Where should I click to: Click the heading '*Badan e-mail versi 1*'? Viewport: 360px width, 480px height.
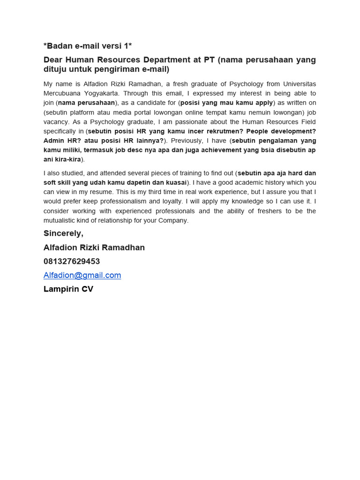tap(88, 45)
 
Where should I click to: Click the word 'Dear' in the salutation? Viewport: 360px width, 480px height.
tap(53, 60)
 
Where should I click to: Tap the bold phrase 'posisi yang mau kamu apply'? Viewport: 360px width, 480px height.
tap(226, 103)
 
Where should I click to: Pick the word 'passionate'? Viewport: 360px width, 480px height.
tap(176, 122)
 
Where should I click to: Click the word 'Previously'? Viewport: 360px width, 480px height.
tap(187, 141)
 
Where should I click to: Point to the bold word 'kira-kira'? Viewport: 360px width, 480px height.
tap(68, 159)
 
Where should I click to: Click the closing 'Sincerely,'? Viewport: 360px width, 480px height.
tap(63, 233)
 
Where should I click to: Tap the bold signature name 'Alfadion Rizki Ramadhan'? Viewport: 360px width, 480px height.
tap(94, 247)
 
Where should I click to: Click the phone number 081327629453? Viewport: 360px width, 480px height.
tap(72, 261)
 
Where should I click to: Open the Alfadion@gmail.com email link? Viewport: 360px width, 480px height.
tap(82, 275)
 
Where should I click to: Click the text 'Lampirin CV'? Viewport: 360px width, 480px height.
tap(68, 289)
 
